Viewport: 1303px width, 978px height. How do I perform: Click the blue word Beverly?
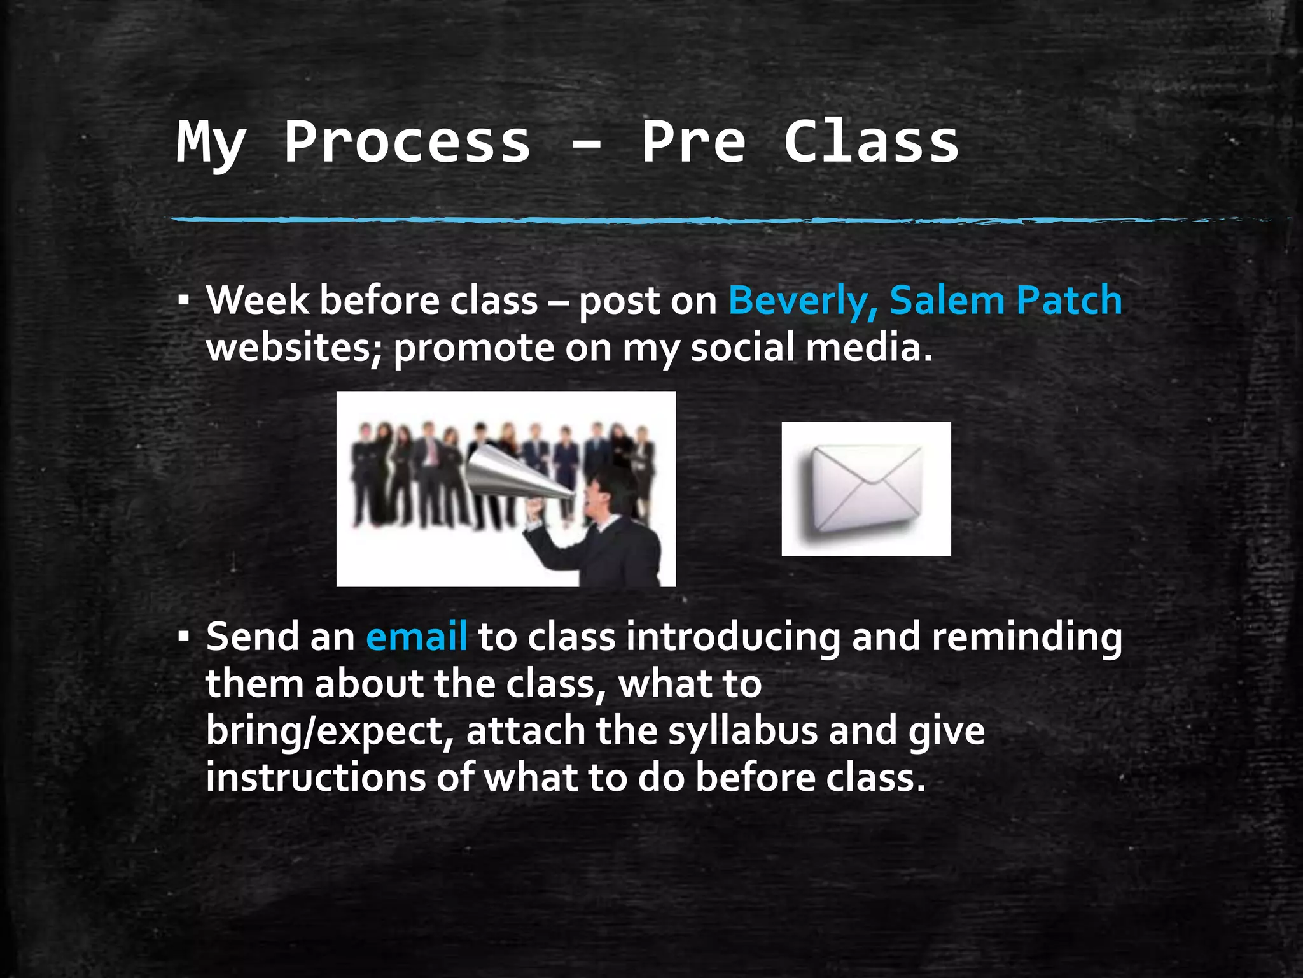coord(803,300)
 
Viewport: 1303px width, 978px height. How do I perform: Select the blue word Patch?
coord(1068,300)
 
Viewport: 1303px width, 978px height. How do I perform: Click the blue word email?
coord(417,636)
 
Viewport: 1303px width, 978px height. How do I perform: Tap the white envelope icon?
coord(866,489)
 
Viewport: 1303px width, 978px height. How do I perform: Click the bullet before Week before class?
coord(184,301)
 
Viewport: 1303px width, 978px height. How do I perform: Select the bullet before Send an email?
coord(184,636)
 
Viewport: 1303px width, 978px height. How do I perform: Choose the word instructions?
coord(316,777)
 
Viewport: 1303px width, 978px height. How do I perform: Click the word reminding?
coord(1027,636)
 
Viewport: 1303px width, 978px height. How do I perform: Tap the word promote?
coord(474,348)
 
